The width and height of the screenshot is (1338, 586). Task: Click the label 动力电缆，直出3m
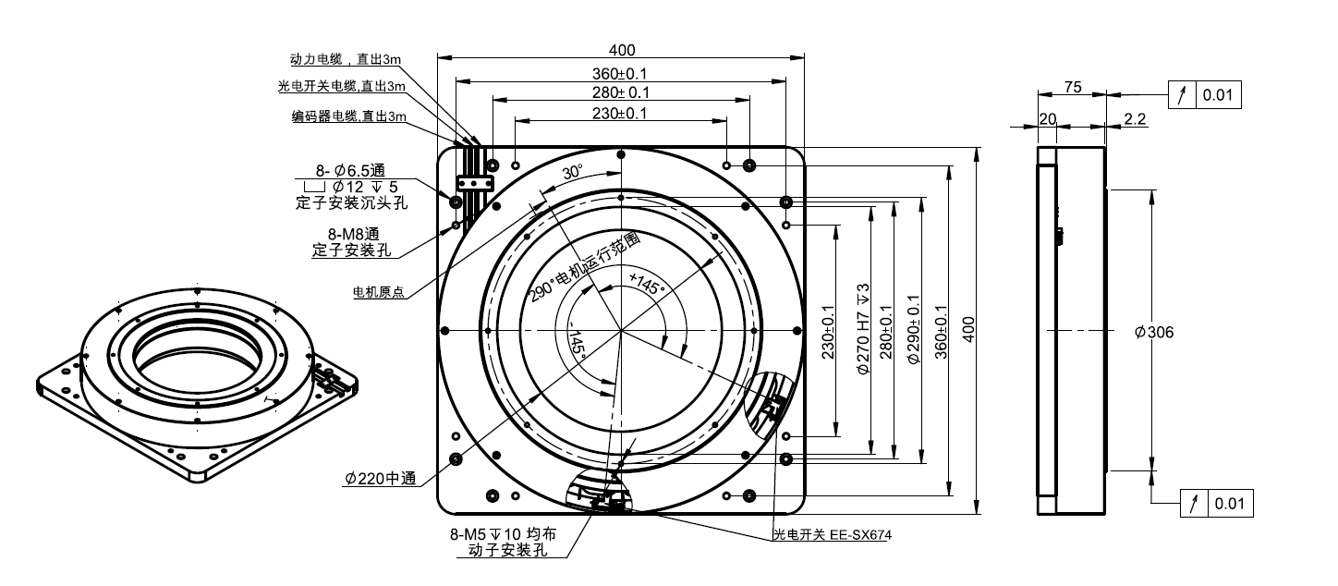(x=345, y=59)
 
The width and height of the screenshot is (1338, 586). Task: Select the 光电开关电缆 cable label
(x=341, y=87)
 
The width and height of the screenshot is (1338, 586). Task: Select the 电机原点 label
(x=378, y=292)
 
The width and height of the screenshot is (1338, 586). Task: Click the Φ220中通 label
(x=380, y=479)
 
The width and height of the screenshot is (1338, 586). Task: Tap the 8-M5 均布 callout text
(x=503, y=535)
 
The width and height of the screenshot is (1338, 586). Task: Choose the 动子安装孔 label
(x=504, y=551)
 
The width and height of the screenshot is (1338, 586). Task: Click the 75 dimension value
(x=1073, y=87)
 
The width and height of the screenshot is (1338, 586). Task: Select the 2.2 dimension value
(x=1135, y=119)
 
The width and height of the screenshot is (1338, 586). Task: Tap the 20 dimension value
(x=1048, y=119)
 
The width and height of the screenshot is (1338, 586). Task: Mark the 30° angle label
(x=572, y=173)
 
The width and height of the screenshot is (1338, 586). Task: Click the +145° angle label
(x=646, y=283)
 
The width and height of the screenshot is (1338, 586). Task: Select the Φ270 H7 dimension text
(x=864, y=329)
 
